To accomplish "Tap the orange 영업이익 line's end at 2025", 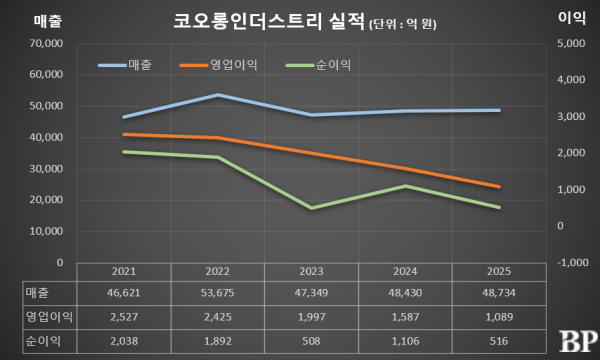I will pyautogui.click(x=500, y=186).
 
